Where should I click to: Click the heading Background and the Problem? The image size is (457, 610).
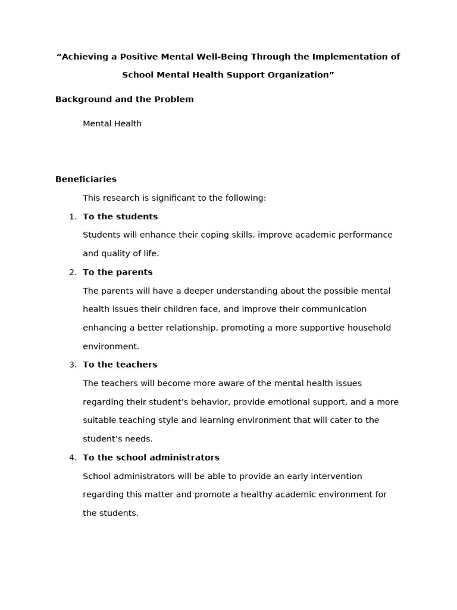point(124,99)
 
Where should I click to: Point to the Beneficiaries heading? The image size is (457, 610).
point(86,179)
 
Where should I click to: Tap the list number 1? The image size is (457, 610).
point(72,217)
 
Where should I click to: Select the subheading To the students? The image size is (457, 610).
point(120,217)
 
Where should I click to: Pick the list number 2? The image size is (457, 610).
point(72,272)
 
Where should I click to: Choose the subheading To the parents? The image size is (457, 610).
point(118,272)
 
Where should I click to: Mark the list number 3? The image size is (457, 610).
point(72,365)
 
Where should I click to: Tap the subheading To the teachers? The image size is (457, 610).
point(120,365)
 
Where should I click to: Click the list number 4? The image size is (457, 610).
point(72,457)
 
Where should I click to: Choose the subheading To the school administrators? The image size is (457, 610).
point(151,457)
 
